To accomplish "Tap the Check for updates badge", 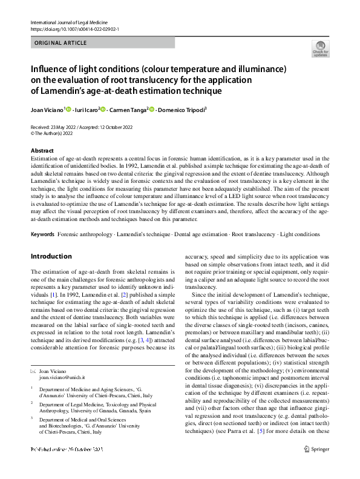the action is [320, 48].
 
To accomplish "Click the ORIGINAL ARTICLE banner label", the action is [61, 43].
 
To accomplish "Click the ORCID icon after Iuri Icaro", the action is [103, 110].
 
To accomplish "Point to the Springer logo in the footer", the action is [316, 466].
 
